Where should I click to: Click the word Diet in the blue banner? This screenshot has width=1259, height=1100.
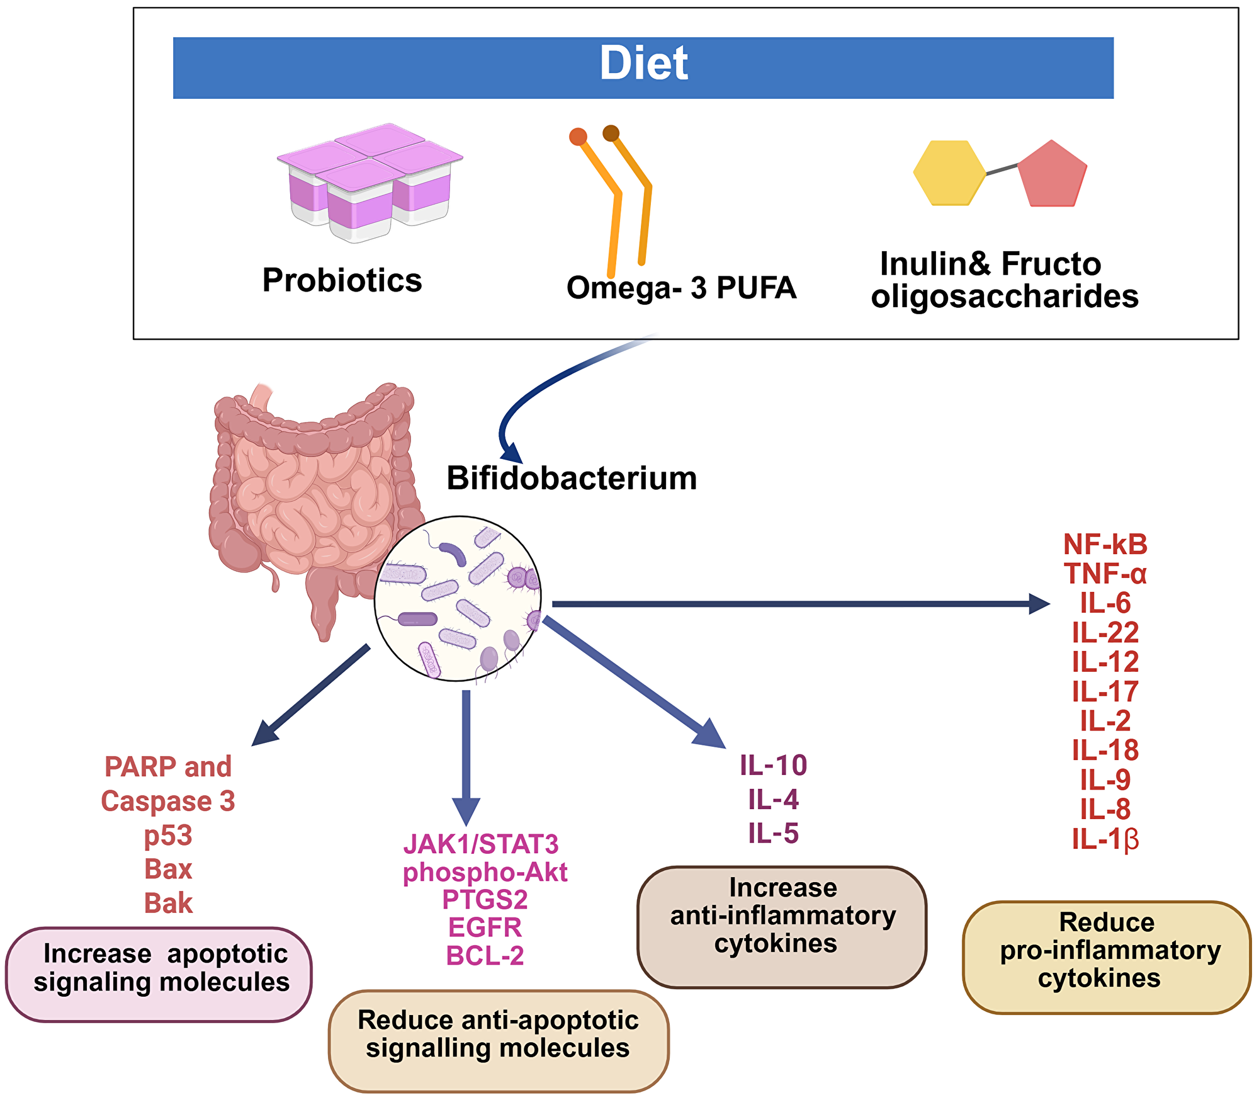[643, 64]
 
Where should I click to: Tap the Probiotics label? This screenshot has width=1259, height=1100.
[342, 280]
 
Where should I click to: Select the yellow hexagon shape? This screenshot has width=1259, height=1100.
[949, 173]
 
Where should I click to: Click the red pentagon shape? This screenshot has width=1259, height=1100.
[1052, 175]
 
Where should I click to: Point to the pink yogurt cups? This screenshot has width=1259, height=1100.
[370, 183]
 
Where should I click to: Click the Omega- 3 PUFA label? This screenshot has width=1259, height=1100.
[681, 288]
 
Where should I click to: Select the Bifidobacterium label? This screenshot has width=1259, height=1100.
[572, 479]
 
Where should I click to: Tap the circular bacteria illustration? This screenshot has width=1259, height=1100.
[458, 599]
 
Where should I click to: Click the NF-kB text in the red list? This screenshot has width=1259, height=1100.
[1105, 545]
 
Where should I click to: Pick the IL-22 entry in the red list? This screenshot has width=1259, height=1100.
[1105, 632]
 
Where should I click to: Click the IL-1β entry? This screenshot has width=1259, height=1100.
[1105, 839]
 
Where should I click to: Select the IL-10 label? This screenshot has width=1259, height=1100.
[773, 766]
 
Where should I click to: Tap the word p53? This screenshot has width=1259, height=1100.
[168, 836]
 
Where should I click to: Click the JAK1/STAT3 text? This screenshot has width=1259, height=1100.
[481, 844]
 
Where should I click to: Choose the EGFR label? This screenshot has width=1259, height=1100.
[485, 927]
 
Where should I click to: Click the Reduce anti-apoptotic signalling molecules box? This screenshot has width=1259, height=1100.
[499, 1040]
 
